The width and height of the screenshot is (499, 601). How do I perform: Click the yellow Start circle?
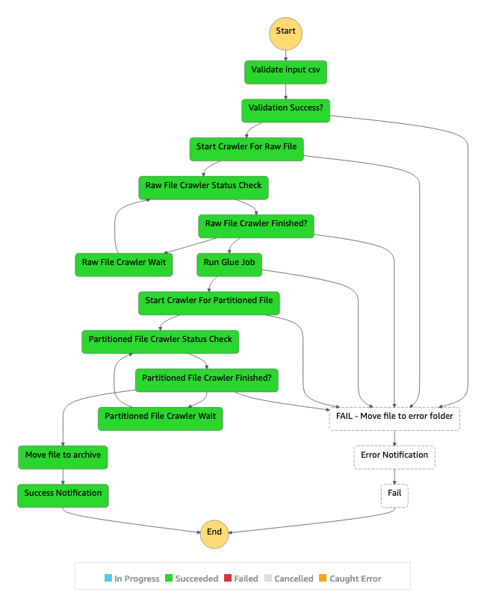[285, 32]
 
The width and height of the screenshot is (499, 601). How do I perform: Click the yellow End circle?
[214, 533]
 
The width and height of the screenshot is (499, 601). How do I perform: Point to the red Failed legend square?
[229, 579]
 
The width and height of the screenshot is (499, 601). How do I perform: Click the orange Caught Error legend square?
[323, 579]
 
